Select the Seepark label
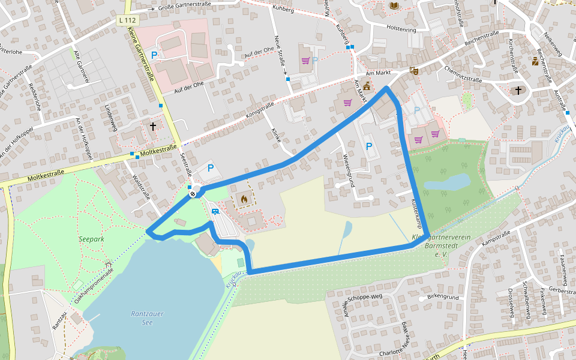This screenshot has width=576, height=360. click(91, 239)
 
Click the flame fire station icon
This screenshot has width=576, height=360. click(244, 199)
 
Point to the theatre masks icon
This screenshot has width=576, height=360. click(413, 71)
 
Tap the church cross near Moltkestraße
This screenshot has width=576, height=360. click(153, 127)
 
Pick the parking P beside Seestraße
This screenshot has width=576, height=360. click(211, 168)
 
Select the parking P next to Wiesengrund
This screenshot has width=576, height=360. click(369, 146)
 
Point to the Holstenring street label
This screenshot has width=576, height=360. click(401, 28)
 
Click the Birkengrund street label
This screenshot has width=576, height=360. click(443, 297)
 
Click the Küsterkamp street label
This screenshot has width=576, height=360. click(417, 214)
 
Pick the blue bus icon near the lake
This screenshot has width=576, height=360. click(215, 211)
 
